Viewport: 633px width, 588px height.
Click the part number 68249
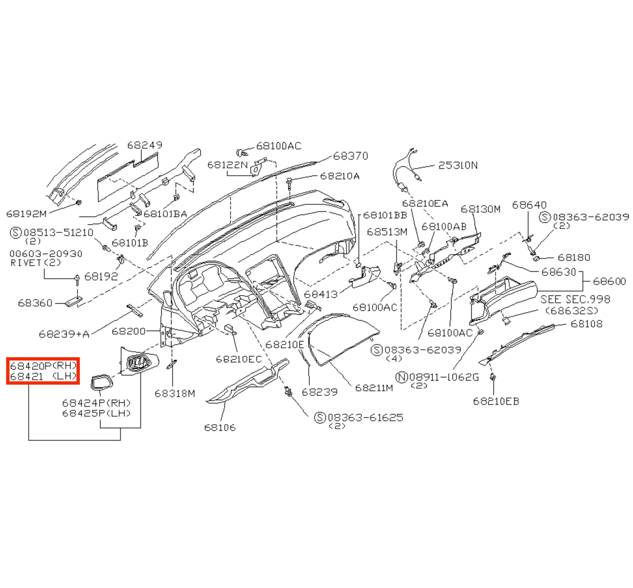coord(145,145)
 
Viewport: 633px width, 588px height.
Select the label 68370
coord(351,156)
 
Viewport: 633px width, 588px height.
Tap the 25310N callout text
coord(458,165)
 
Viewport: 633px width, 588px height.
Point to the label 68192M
coord(27,214)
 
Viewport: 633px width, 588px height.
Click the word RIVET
coord(26,263)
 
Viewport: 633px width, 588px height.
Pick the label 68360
coord(35,303)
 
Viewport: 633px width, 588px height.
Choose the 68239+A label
coord(64,334)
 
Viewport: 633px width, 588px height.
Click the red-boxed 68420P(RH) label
coord(43,366)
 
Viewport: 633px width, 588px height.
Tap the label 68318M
coord(175,393)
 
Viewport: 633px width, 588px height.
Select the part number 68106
coord(220,427)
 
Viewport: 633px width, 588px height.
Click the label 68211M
coord(374,388)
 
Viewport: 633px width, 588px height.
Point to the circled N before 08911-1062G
coord(402,377)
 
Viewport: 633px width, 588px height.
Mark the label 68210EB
coord(496,401)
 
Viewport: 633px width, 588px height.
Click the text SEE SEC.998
coord(575,299)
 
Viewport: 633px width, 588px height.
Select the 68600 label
coord(610,281)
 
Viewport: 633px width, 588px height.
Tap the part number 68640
coord(529,205)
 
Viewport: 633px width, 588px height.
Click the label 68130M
coord(481,209)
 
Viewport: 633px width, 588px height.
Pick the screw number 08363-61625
coord(365,418)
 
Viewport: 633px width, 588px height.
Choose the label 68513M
coord(387,232)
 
